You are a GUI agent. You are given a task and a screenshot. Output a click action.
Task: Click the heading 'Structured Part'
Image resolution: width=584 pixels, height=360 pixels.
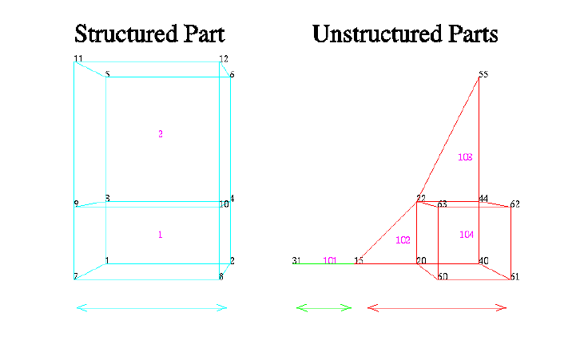click(x=149, y=34)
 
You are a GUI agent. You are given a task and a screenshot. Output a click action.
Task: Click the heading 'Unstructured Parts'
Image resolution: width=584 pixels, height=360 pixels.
click(x=405, y=34)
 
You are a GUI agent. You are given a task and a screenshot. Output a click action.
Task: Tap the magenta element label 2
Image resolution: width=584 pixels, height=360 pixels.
click(x=161, y=134)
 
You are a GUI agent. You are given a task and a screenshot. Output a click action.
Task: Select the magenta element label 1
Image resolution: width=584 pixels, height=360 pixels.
click(x=160, y=235)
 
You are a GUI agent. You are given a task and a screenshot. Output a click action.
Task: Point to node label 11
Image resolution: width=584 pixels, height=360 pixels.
click(x=77, y=59)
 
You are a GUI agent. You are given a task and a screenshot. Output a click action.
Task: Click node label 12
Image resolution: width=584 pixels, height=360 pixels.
click(x=224, y=59)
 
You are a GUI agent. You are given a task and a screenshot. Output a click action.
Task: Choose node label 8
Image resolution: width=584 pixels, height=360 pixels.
click(x=220, y=277)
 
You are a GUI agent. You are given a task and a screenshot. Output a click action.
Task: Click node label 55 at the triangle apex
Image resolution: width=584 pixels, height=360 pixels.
click(x=483, y=75)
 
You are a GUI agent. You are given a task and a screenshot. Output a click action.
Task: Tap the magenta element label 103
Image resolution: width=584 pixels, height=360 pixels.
click(x=465, y=157)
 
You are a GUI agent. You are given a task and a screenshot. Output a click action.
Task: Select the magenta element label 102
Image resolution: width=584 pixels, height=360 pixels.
click(x=403, y=240)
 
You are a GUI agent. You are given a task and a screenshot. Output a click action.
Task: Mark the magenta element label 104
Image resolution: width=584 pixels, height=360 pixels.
click(x=467, y=234)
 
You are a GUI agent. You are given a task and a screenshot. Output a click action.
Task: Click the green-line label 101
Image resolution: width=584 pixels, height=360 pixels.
click(x=329, y=260)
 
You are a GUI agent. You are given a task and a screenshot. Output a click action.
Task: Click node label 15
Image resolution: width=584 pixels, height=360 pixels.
click(x=359, y=260)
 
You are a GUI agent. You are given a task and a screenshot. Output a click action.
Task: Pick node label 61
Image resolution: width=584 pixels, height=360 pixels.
click(x=514, y=277)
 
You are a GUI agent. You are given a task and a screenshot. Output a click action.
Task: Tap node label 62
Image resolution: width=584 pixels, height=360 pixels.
click(x=515, y=204)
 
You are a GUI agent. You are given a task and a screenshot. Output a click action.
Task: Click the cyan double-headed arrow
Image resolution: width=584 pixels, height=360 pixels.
click(x=151, y=307)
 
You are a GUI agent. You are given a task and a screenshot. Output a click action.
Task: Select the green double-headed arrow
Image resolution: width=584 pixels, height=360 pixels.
click(x=324, y=307)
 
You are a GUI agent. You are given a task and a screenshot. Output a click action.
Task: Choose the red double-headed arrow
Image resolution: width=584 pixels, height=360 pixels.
click(x=437, y=307)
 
